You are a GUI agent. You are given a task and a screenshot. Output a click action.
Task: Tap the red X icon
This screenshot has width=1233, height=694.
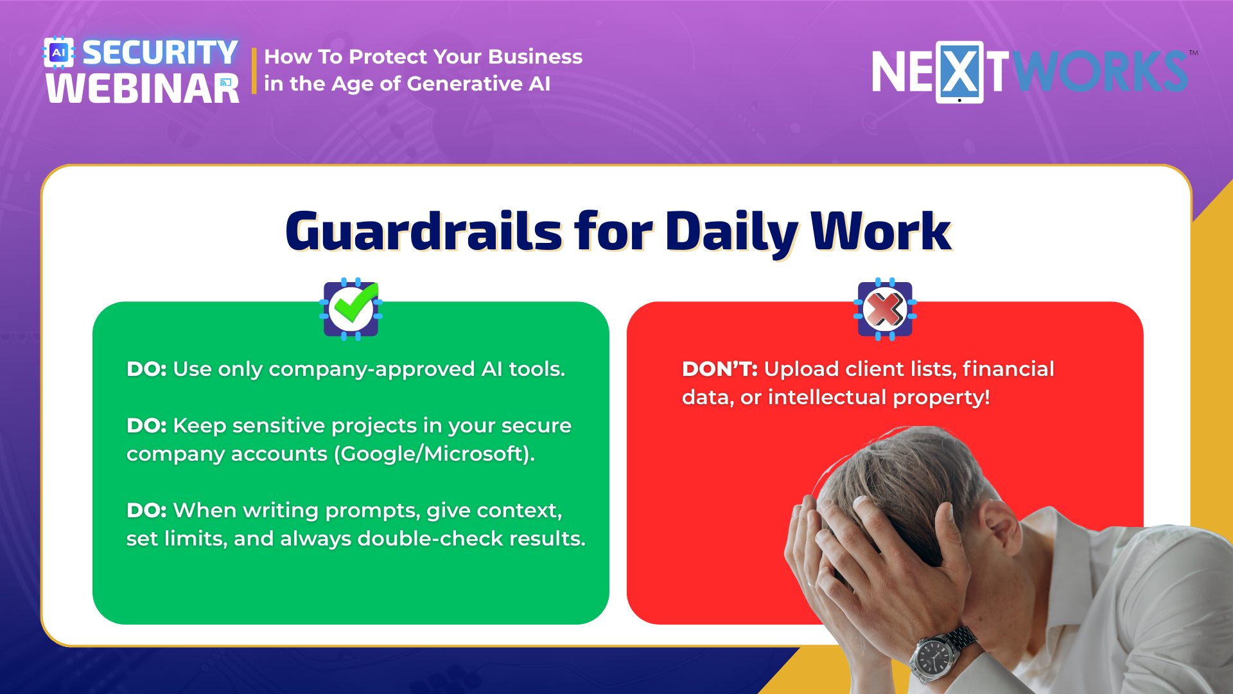885,309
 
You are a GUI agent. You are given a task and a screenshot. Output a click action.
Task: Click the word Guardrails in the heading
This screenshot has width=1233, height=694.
424,231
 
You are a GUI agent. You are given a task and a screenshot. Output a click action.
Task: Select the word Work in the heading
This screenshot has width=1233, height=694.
881,231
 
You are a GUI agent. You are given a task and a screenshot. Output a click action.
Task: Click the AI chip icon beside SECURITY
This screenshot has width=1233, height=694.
58,53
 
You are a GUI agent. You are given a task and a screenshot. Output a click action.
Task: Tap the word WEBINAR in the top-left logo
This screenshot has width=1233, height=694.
143,89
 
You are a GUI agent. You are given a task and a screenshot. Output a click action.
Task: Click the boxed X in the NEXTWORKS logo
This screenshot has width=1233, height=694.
959,72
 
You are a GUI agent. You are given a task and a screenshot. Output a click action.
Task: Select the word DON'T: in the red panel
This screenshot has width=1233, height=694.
720,369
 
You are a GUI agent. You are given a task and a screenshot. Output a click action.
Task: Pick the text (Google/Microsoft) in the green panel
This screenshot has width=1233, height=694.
433,454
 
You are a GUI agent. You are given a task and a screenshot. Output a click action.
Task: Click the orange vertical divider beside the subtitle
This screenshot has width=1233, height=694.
254,71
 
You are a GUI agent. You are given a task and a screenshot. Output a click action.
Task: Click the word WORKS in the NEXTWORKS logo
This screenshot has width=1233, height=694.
1100,71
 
